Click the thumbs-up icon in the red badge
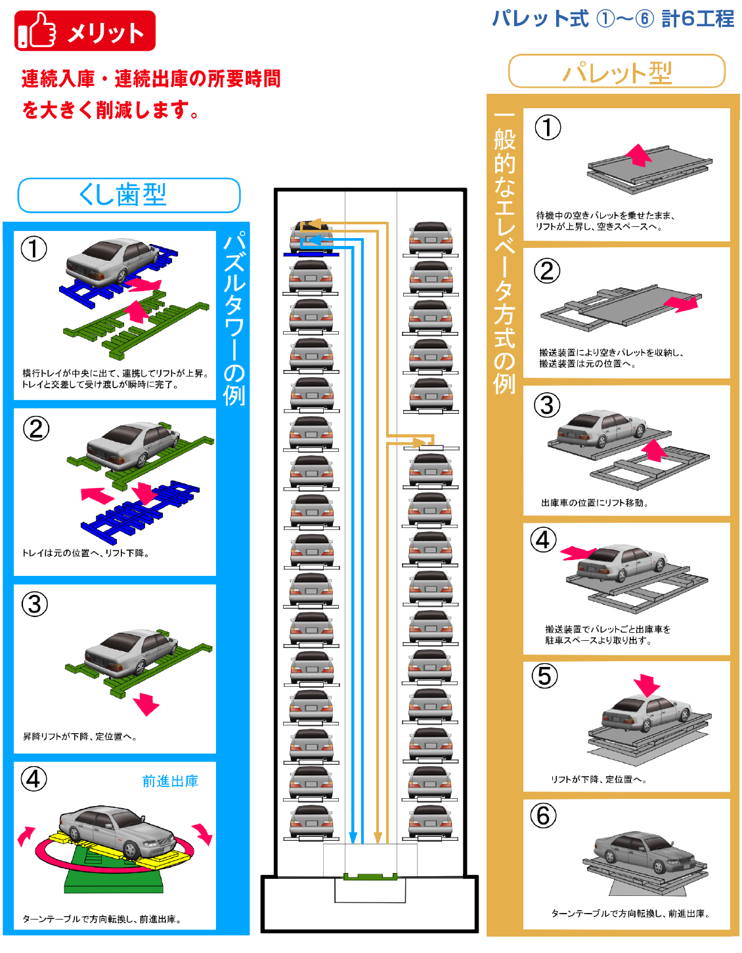tap(37, 31)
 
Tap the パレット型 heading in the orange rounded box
tap(617, 71)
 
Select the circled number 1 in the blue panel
tap(34, 249)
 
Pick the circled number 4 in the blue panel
tap(34, 779)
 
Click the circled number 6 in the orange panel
tap(543, 816)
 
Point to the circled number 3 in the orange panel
tap(547, 405)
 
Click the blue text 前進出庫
tap(170, 781)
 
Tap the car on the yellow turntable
tap(115, 830)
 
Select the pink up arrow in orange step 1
tap(638, 155)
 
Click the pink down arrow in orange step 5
tap(647, 685)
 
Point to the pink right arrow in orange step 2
tap(681, 303)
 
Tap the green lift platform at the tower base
tap(370, 876)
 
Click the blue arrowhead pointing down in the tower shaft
tap(353, 838)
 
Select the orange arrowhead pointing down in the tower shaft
tap(378, 838)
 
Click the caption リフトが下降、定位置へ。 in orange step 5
tap(599, 779)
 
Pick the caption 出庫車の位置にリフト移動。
tap(595, 503)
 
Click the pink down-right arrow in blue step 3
tap(146, 704)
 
